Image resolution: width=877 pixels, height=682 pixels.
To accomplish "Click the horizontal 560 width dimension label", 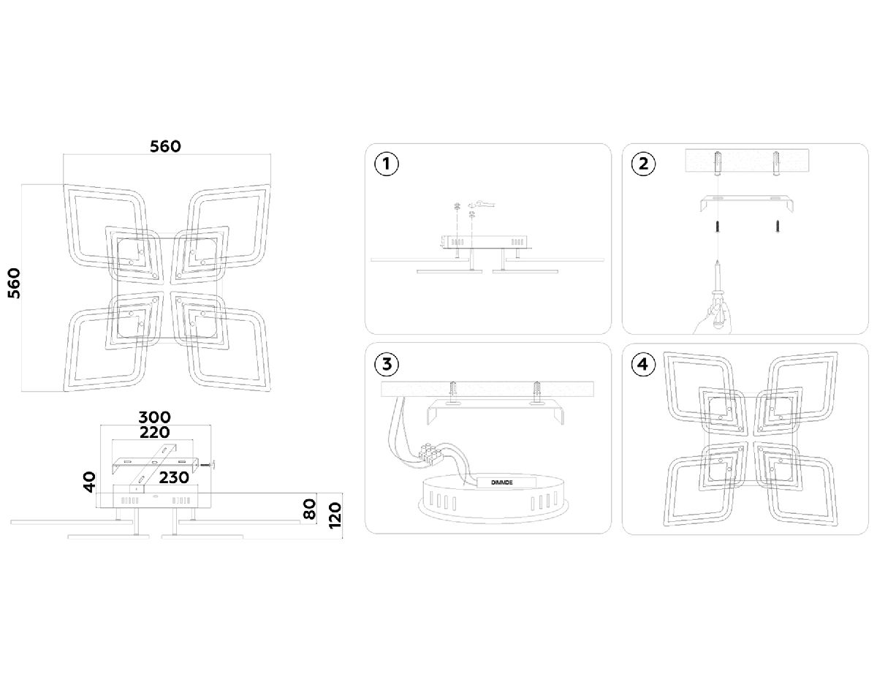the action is click(x=165, y=146).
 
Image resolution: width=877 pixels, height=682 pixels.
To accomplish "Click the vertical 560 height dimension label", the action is click(x=14, y=284).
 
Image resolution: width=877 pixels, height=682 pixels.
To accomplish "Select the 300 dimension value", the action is click(x=155, y=417).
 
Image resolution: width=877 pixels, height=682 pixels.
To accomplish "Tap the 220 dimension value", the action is click(x=155, y=432).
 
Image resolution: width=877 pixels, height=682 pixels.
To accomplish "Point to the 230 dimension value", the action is click(x=174, y=477).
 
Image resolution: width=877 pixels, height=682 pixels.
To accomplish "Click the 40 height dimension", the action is click(x=90, y=482).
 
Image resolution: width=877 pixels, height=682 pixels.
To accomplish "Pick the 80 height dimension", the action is click(x=309, y=509).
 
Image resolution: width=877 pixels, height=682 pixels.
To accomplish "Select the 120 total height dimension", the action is click(x=335, y=515).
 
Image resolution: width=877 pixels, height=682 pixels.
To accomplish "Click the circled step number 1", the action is click(x=387, y=164).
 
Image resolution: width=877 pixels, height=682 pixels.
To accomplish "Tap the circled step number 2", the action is click(x=643, y=164).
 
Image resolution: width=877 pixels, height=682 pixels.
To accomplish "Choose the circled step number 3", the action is click(x=387, y=364).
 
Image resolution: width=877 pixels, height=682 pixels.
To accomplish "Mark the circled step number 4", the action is click(x=642, y=365).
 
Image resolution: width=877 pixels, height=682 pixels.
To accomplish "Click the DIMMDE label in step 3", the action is click(x=502, y=482).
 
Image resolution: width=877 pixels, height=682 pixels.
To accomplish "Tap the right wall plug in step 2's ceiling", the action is click(x=775, y=163).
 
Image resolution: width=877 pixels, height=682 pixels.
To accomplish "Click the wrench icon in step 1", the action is click(x=485, y=204).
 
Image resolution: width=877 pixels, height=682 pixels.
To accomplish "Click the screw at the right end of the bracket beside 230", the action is click(x=208, y=466).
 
